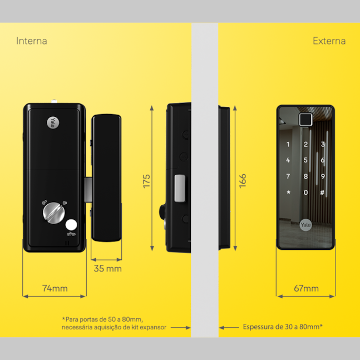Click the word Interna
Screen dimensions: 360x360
click(x=32, y=41)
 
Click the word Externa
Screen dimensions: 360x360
click(x=329, y=41)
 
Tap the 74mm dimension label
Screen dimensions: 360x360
click(x=55, y=288)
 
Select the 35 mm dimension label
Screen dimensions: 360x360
click(x=106, y=269)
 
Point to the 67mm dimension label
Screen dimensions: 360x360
click(x=306, y=288)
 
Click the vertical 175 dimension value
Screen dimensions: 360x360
click(x=147, y=181)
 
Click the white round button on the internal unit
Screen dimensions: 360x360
click(x=71, y=225)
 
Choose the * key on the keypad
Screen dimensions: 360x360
click(x=288, y=193)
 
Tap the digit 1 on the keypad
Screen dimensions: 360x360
click(x=288, y=145)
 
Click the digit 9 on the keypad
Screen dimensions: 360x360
click(x=323, y=176)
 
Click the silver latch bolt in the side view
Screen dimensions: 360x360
click(x=179, y=188)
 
